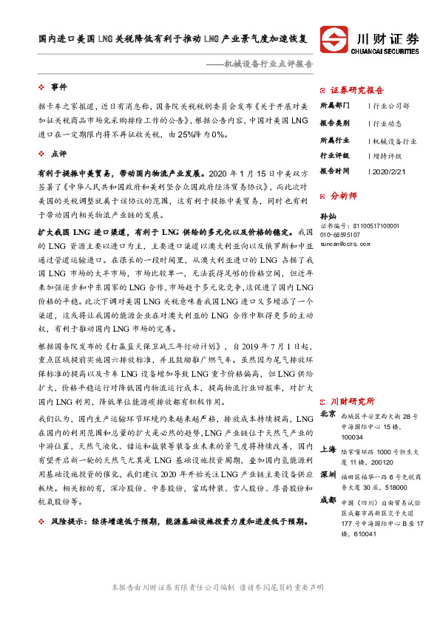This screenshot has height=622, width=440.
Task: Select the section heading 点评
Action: point(58,154)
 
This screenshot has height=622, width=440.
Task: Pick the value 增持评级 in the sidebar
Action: point(388,157)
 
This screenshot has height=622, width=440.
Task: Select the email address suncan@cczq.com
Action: point(348,242)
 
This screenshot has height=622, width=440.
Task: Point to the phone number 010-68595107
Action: point(342,234)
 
